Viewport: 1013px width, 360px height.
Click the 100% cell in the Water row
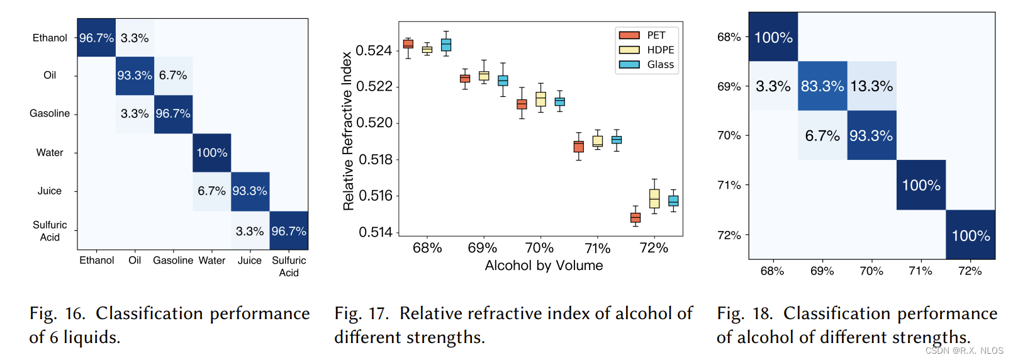click(x=212, y=153)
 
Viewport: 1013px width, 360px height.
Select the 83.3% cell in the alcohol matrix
click(x=822, y=86)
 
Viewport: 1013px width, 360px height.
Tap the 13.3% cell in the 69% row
click(x=871, y=86)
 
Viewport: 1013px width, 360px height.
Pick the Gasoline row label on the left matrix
click(x=50, y=113)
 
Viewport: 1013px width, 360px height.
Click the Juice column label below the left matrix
click(x=250, y=261)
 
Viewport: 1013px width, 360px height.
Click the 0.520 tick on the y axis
click(x=375, y=123)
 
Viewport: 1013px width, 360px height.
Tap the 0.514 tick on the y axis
click(x=375, y=232)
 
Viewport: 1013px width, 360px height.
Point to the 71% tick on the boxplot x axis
click(x=598, y=248)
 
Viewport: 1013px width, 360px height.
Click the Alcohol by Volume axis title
click(x=544, y=266)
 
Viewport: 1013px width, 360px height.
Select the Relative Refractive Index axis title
click(x=347, y=131)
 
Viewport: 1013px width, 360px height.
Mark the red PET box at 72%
click(x=635, y=218)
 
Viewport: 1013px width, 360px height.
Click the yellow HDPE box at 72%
click(x=654, y=199)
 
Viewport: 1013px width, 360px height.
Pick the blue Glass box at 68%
click(x=446, y=45)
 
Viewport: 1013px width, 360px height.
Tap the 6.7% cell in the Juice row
click(x=211, y=191)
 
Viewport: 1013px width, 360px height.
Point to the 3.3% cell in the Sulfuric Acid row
click(x=250, y=232)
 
